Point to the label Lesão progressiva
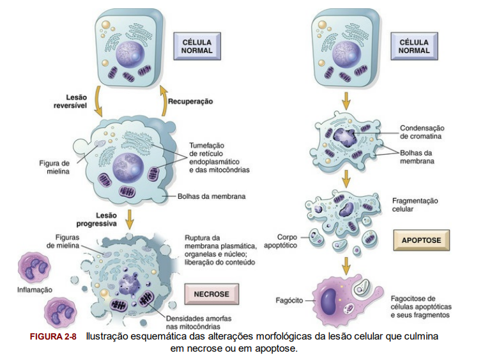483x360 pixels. (96, 220)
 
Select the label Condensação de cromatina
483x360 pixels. (422, 132)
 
